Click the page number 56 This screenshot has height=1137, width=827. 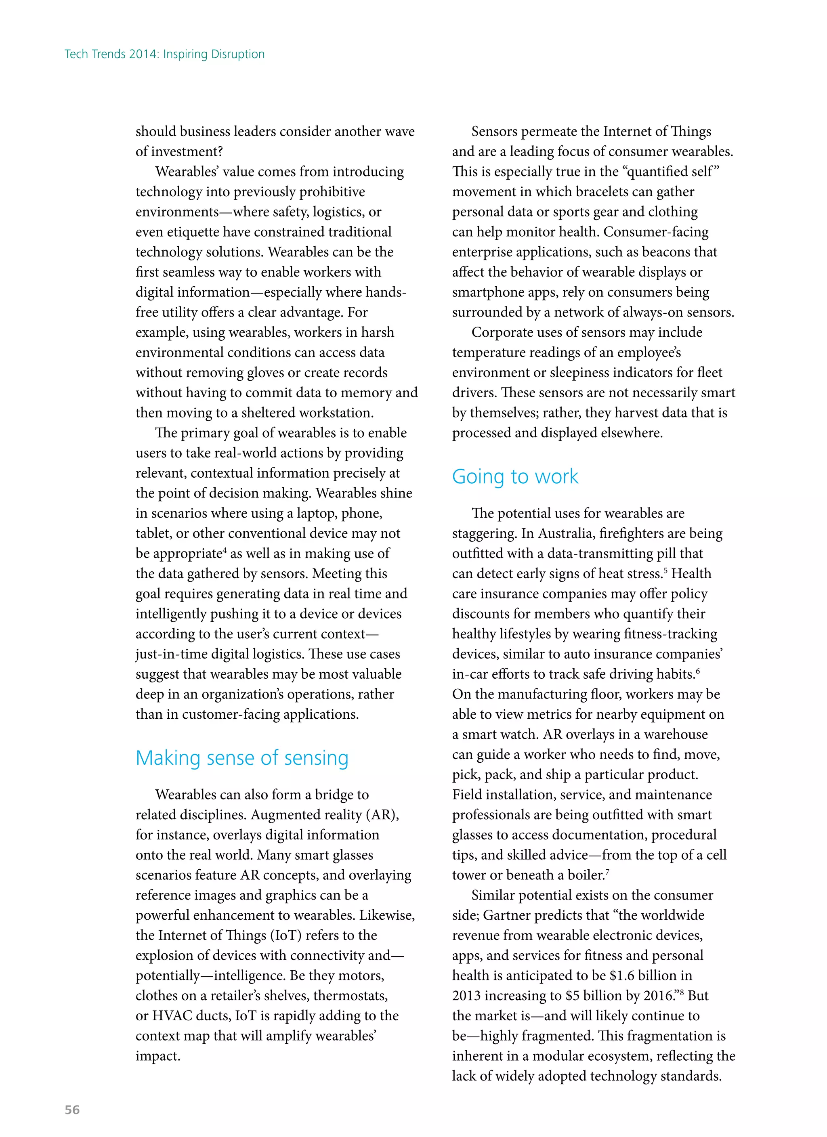click(72, 1110)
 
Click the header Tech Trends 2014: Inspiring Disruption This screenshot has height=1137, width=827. click(164, 54)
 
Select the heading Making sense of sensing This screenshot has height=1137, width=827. click(242, 758)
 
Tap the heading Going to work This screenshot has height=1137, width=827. click(515, 476)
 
